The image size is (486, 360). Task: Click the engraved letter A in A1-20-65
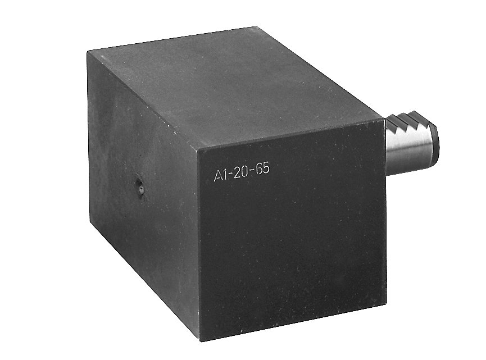(218, 176)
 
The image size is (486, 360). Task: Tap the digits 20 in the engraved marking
(240, 172)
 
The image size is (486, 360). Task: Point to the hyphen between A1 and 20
(230, 175)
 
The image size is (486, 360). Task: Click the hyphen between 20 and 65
(252, 172)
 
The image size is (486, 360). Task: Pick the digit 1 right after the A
(225, 175)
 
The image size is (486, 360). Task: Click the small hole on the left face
(139, 188)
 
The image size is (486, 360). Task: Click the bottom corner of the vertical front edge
(200, 340)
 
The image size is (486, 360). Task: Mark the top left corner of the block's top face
(88, 52)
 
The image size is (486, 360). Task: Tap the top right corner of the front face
(385, 119)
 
